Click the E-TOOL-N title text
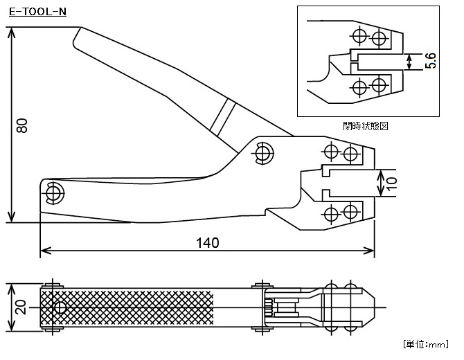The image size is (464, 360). (x=37, y=12)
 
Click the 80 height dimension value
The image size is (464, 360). (x=22, y=125)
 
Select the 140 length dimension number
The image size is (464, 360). (x=208, y=243)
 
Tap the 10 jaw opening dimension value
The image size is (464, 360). (x=391, y=183)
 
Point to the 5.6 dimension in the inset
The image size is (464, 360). (x=431, y=61)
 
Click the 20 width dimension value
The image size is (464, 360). (x=21, y=307)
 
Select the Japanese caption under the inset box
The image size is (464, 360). (x=366, y=126)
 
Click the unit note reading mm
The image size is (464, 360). (x=427, y=344)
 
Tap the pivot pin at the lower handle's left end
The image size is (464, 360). (x=55, y=193)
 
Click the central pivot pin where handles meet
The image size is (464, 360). (x=262, y=153)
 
